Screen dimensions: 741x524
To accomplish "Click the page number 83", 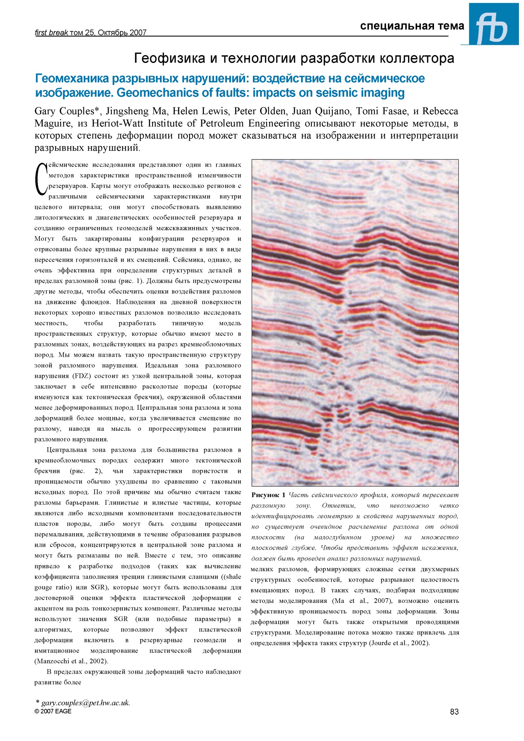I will tap(454, 711).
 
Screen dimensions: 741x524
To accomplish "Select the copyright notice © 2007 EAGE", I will tap(53, 711).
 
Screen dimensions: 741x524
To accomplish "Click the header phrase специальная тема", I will tap(412, 26).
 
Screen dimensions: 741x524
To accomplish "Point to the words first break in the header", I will tap(51, 33).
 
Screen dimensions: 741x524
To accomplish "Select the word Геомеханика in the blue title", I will tap(72, 78).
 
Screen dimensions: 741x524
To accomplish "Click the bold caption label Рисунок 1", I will tap(268, 495).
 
